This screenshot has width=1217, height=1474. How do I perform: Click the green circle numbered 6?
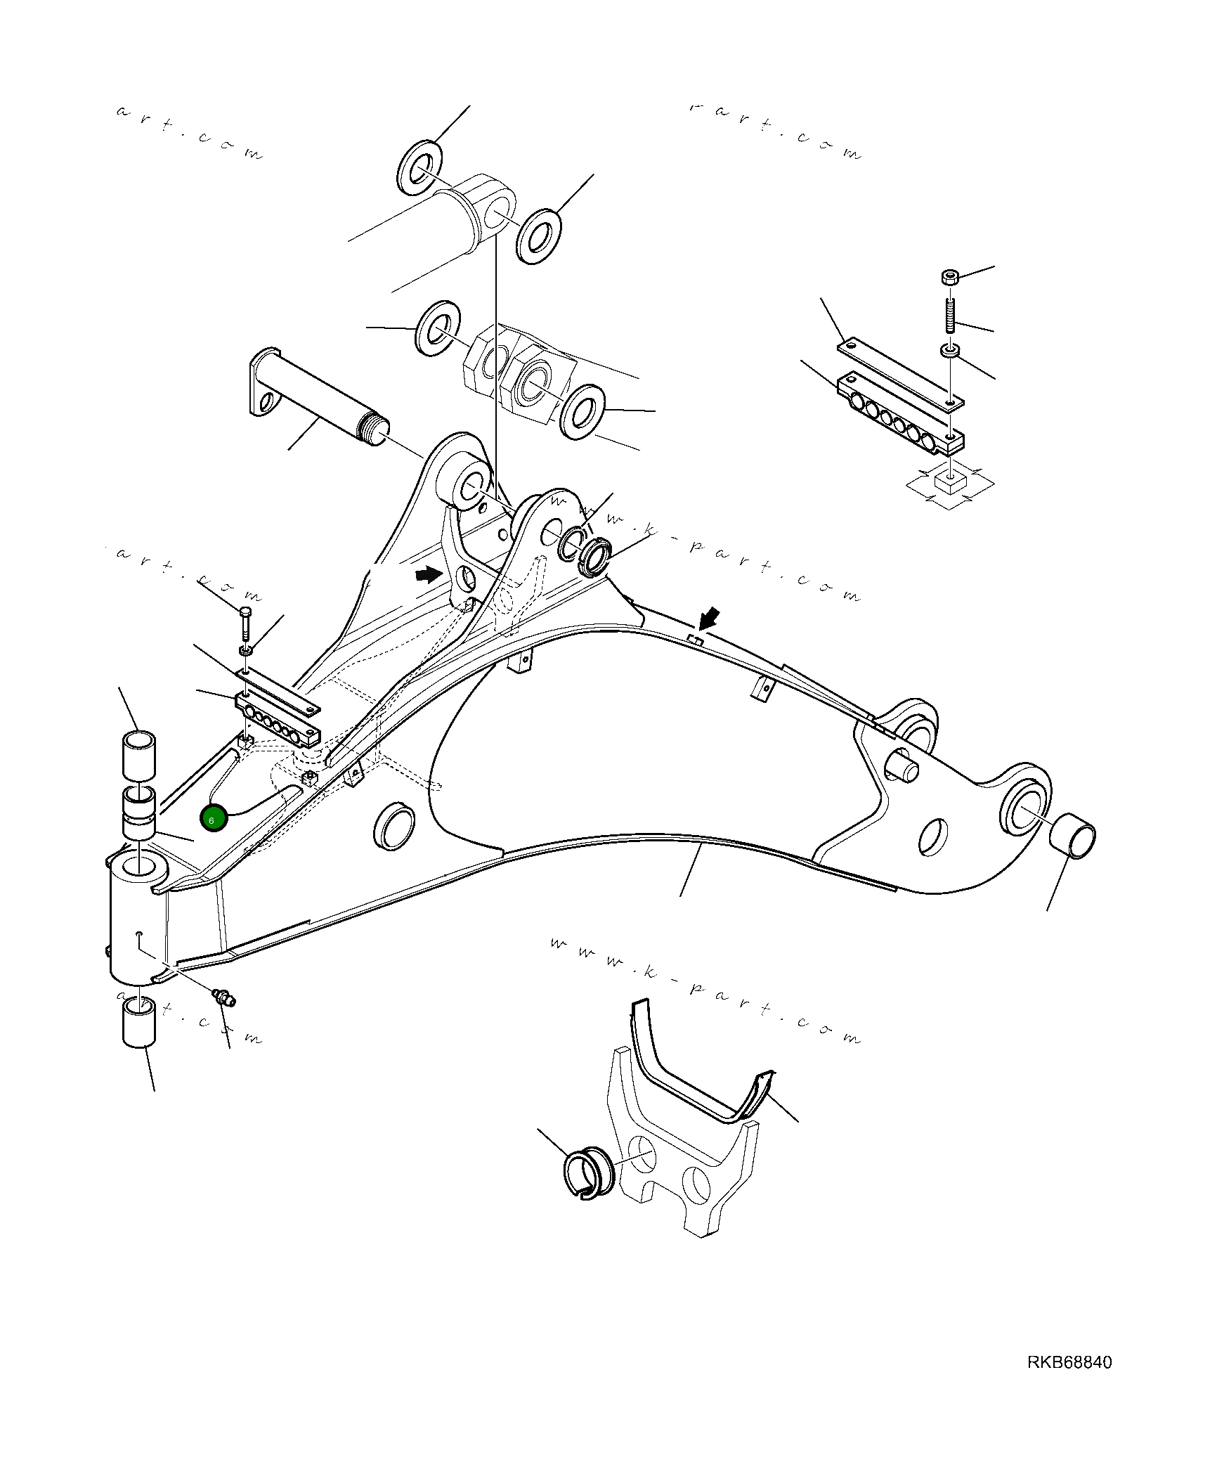[x=214, y=818]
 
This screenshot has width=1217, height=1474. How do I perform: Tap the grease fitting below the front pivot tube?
[x=224, y=996]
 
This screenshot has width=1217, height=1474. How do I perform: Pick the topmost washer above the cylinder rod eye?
[x=419, y=167]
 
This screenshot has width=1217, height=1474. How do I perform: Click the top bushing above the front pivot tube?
[x=139, y=755]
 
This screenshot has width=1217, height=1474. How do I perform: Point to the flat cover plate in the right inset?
[x=900, y=373]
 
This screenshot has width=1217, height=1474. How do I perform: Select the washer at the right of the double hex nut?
[x=583, y=412]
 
